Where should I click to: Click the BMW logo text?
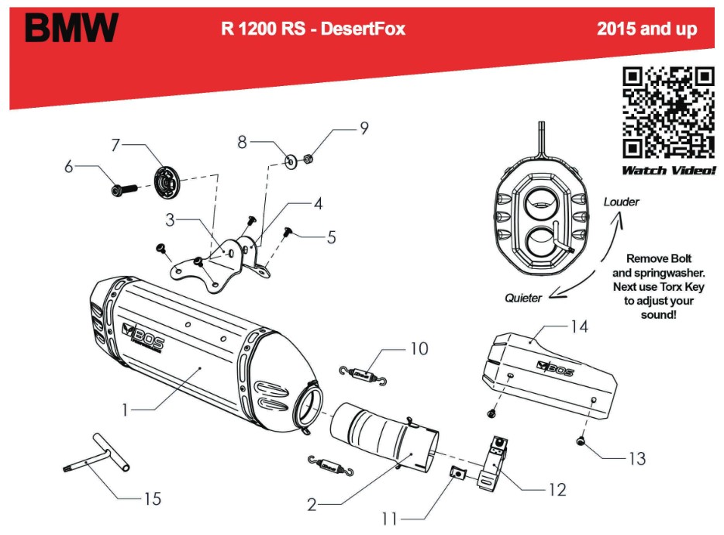coord(71,29)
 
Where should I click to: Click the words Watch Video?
coord(668,170)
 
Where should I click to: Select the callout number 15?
coord(153,499)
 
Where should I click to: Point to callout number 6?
coord(69,166)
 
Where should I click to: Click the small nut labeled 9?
coord(306,159)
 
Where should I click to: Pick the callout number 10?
coord(419,349)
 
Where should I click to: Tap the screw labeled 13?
coord(581,442)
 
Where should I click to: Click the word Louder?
coord(622,202)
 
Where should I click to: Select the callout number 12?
coord(557,489)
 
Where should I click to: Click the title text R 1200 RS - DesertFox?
coord(313,29)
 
